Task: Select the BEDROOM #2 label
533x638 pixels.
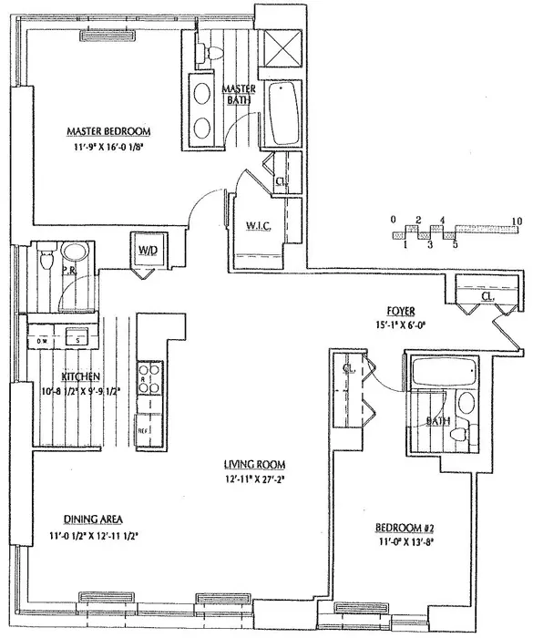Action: tap(405, 528)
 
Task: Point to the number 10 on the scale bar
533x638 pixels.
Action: tap(517, 221)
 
